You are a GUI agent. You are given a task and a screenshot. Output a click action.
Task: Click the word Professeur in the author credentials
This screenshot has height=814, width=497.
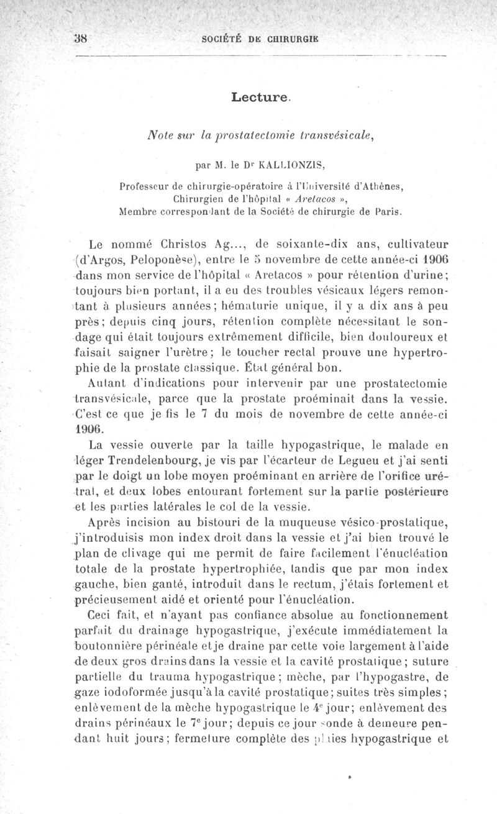147,185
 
